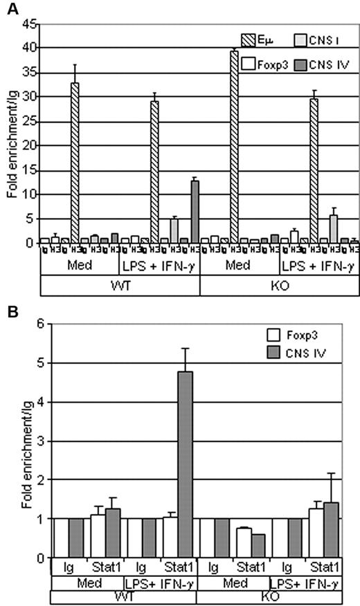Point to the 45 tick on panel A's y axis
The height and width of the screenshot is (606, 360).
coord(30,24)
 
